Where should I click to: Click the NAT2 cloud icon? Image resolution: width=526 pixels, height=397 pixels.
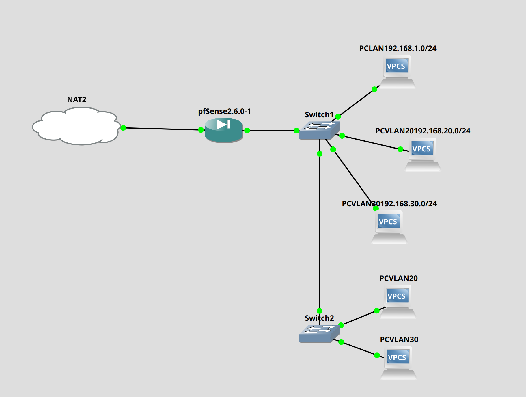pyautogui.click(x=76, y=126)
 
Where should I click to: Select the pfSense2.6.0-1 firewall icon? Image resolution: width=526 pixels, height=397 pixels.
pyautogui.click(x=224, y=130)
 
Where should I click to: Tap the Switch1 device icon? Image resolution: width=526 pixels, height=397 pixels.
pyautogui.click(x=319, y=130)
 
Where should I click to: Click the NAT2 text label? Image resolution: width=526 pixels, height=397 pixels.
pyautogui.click(x=77, y=100)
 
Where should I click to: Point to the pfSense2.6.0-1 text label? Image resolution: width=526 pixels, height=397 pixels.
pyautogui.click(x=224, y=111)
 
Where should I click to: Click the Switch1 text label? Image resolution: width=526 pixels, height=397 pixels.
pyautogui.click(x=319, y=115)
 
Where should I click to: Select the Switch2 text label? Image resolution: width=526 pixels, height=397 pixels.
pyautogui.click(x=319, y=318)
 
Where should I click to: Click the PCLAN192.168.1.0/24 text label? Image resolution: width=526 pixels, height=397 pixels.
pyautogui.click(x=398, y=48)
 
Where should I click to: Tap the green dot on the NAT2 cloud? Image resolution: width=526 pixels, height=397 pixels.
pyautogui.click(x=123, y=128)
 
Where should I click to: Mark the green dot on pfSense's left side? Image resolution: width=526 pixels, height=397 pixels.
pyautogui.click(x=201, y=130)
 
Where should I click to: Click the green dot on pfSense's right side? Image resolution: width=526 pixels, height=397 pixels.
pyautogui.click(x=247, y=131)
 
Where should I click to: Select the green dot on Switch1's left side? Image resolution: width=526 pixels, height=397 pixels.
pyautogui.click(x=296, y=131)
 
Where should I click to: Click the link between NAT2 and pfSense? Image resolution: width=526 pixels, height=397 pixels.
pyautogui.click(x=162, y=129)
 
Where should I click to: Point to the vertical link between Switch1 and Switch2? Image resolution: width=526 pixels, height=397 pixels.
pyautogui.click(x=320, y=231)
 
